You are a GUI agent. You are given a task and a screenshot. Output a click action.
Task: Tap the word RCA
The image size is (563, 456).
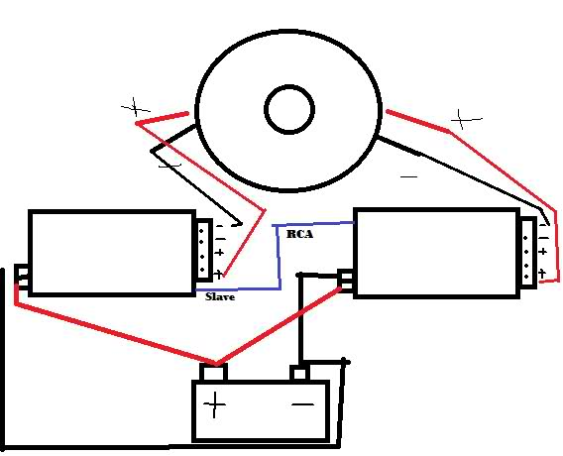tap(299, 234)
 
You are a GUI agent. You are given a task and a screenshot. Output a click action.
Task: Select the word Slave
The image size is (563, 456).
tap(220, 296)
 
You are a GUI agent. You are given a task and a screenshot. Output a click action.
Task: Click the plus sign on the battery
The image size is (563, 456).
tap(214, 404)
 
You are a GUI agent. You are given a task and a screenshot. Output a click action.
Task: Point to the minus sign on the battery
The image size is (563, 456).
tap(302, 404)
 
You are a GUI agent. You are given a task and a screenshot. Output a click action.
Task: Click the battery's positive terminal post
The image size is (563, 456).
tap(214, 372)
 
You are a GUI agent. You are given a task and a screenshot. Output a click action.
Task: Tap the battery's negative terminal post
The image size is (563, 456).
tap(299, 373)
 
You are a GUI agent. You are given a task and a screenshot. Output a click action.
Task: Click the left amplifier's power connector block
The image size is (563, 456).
tap(22, 277)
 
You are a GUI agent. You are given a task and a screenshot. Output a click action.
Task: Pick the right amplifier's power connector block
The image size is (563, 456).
tap(346, 280)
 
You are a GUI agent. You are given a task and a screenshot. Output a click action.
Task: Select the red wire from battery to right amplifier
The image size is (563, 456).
tap(279, 326)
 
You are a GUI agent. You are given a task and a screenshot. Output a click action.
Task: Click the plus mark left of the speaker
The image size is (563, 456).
tap(136, 107)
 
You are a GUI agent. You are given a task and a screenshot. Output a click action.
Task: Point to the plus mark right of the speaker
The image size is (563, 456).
tap(466, 119)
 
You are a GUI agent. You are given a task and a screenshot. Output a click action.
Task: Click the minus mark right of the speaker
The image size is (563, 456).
tap(408, 176)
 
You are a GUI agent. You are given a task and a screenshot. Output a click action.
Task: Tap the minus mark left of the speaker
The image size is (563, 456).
tap(169, 166)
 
